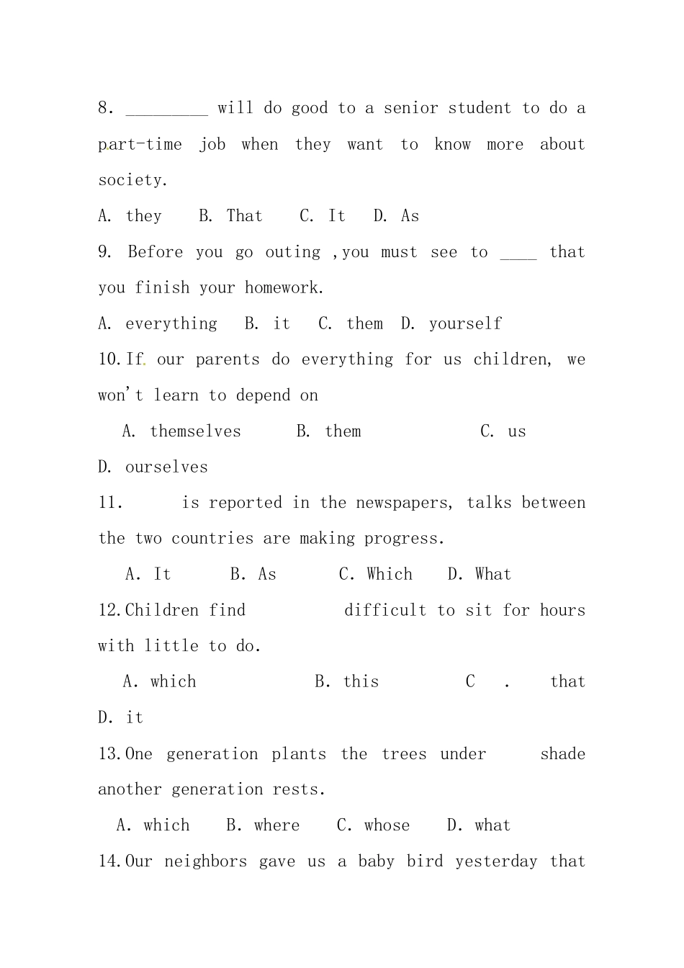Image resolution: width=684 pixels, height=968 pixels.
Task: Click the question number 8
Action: [105, 108]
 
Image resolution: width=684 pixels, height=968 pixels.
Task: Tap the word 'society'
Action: [132, 180]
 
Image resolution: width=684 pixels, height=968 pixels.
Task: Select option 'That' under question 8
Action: [245, 216]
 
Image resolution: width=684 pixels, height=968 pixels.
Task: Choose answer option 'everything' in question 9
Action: [171, 323]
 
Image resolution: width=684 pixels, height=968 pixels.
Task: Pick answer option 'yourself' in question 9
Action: [465, 323]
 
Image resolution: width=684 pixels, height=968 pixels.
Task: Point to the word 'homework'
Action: [282, 287]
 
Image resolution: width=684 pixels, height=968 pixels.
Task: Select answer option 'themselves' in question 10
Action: [195, 431]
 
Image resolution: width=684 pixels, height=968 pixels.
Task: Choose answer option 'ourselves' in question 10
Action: [166, 467]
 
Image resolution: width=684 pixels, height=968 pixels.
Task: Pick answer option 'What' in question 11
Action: [493, 574]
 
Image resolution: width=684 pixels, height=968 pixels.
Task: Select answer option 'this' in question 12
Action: [361, 681]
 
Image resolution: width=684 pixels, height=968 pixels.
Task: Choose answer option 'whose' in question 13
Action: [387, 825]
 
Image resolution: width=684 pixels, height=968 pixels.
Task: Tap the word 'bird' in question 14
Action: [425, 861]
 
